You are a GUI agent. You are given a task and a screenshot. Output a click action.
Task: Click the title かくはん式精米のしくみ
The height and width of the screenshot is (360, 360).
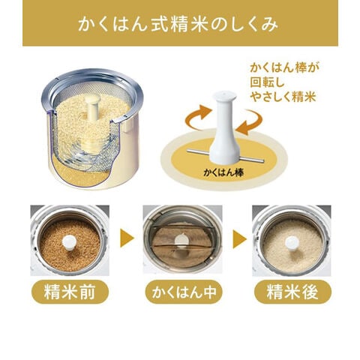point(178,24)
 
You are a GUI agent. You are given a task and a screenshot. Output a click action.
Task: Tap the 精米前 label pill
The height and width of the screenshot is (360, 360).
point(70,292)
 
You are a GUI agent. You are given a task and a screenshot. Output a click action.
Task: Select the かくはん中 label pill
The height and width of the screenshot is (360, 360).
point(184,292)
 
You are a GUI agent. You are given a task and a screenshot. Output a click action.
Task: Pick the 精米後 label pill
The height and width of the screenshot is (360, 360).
point(292,292)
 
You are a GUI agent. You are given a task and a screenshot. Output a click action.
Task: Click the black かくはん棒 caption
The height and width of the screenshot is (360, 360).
point(223,172)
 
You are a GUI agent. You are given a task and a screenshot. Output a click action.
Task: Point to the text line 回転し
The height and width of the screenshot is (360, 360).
point(268,82)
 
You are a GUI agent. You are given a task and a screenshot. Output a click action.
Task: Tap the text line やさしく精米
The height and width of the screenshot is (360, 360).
point(283,97)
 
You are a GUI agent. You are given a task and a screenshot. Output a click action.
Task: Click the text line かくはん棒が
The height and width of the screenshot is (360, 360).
point(284,67)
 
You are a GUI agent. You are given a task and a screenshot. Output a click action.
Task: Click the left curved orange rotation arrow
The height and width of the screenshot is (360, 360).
point(197,118)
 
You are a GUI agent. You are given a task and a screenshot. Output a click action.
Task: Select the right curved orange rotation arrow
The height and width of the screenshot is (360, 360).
point(250,122)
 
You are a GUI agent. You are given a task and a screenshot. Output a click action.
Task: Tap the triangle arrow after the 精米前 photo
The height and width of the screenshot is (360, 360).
point(127,238)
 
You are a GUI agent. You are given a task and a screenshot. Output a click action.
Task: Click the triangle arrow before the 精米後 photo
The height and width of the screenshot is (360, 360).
point(239,239)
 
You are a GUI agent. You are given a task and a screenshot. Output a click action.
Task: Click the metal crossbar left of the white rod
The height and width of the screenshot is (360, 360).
point(199,151)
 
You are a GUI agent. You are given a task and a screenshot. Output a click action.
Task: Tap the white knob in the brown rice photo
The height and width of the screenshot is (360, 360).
point(69,241)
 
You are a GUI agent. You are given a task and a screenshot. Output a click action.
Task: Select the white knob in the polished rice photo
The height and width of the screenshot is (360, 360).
point(292,242)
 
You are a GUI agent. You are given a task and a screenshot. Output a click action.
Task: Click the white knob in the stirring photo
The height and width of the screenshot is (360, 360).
point(181,239)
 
